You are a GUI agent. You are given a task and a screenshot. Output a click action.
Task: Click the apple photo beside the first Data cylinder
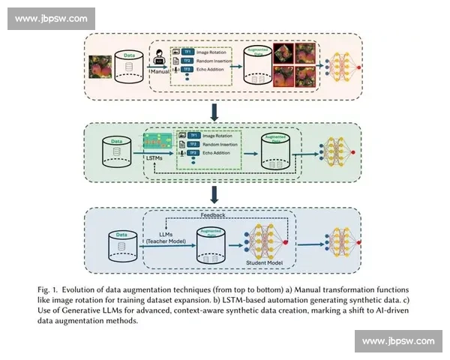[x=101, y=67]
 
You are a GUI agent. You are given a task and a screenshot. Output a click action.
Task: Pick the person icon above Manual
[x=160, y=58]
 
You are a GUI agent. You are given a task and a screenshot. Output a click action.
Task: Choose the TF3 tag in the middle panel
[x=193, y=153]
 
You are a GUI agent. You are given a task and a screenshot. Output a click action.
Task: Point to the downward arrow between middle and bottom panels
[x=215, y=194]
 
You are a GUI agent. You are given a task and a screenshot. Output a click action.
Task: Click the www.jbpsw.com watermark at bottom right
[x=397, y=341]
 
